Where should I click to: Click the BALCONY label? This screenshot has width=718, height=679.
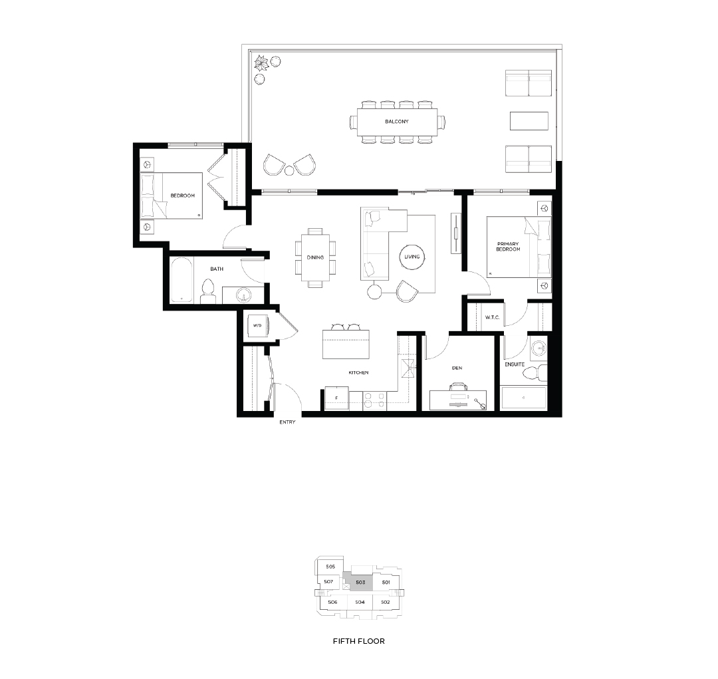pos(396,122)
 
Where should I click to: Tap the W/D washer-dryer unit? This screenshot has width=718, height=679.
pos(257,325)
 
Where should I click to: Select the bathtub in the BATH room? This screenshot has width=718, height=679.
pos(181,281)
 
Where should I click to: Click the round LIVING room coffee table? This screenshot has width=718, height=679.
pos(412,257)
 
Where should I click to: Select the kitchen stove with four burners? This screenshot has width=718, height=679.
pos(374,400)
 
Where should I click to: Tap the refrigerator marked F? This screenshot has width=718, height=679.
pos(336,398)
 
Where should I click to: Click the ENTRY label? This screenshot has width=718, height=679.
pos(288,422)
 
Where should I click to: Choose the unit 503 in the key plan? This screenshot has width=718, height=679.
pos(360,583)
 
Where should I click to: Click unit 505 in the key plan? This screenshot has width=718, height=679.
pos(330,567)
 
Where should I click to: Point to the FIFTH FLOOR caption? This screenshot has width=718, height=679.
pos(359,641)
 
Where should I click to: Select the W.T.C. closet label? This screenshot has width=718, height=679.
pos(492,317)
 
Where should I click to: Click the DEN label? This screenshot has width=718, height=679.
pos(457,368)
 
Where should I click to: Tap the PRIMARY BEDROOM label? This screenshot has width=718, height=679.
pos(509,247)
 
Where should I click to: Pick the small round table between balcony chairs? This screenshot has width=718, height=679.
pos(289,171)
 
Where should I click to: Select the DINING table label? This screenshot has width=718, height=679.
pos(315,257)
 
